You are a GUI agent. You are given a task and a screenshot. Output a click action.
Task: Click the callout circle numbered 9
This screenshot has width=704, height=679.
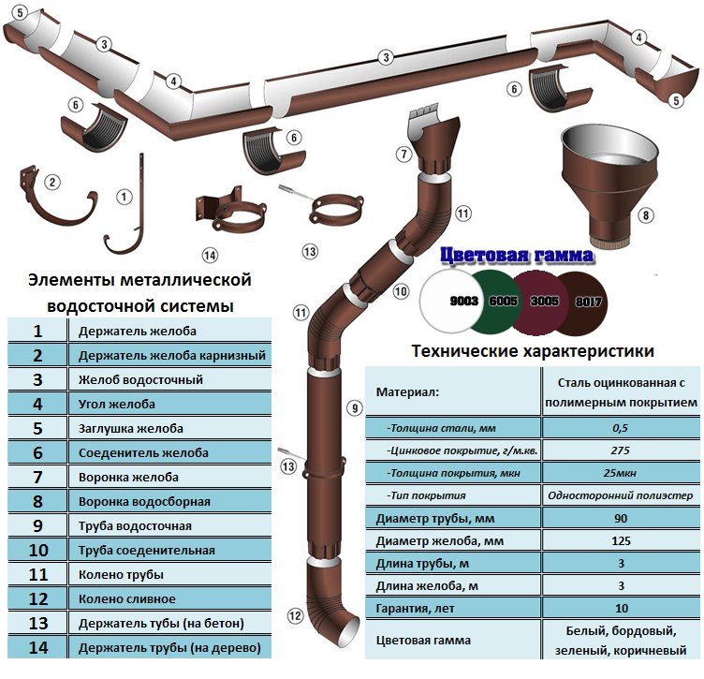click(x=353, y=407)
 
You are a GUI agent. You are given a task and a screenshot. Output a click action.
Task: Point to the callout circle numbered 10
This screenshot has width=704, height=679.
click(x=401, y=291)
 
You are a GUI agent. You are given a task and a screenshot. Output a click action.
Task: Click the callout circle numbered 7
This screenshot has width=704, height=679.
click(x=403, y=154)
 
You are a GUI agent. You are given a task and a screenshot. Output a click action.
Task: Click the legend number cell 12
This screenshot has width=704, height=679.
click(x=37, y=598)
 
